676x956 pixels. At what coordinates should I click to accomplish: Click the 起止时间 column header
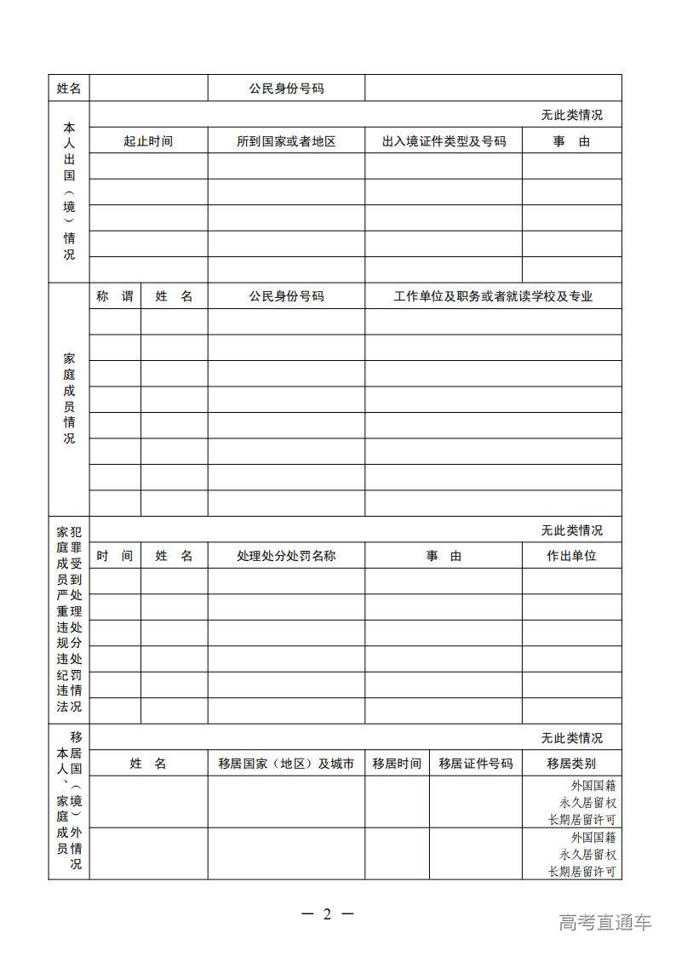(148, 141)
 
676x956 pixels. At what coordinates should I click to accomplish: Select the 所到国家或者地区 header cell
(286, 141)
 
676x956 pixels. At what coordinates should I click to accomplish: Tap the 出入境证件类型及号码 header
(444, 141)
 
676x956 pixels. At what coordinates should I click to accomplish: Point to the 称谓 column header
(115, 296)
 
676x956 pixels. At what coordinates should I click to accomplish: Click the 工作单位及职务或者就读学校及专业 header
(493, 296)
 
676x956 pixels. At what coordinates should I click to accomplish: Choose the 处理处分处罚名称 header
(286, 556)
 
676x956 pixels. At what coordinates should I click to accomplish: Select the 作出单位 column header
(571, 556)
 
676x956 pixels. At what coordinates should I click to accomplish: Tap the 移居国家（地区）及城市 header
(286, 764)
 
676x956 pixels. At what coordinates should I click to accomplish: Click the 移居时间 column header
(397, 764)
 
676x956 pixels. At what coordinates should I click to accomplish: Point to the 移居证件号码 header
(475, 764)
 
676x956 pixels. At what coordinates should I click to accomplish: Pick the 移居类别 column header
(571, 764)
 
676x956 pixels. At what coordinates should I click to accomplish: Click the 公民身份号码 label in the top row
(286, 89)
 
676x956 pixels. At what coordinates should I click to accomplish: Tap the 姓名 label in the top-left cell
(69, 89)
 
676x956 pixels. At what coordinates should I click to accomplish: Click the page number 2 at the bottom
(327, 914)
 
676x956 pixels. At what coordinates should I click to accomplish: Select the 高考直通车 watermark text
(605, 922)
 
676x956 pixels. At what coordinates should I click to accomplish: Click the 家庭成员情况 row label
(69, 398)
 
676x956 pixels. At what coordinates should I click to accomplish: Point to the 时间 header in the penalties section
(115, 556)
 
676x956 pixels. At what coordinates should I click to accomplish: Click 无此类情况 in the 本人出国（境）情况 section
(571, 115)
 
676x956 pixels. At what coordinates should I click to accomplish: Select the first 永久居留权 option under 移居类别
(587, 802)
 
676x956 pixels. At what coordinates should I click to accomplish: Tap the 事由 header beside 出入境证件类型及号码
(571, 141)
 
